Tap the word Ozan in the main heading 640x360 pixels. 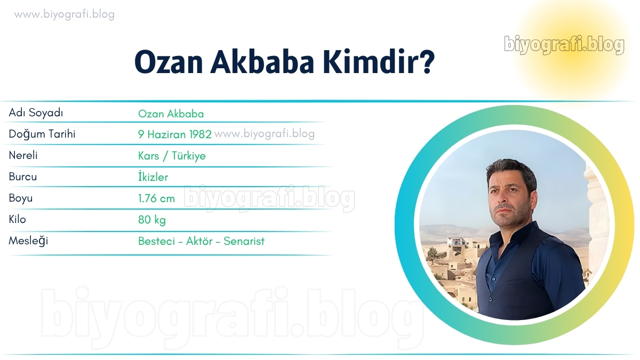pos(169,62)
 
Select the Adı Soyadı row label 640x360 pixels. pos(36,113)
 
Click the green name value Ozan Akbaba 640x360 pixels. pos(171,114)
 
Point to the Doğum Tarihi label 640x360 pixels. pos(42,134)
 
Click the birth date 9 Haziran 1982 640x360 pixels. pos(175,134)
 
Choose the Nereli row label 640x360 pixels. pos(23,155)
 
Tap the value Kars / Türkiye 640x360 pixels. pos(172,156)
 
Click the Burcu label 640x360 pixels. pos(23,177)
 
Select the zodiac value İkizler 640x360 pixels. pos(153,177)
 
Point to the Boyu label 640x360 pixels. pos(21,198)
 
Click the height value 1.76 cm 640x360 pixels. pos(157,198)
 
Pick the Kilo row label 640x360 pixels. pos(18,219)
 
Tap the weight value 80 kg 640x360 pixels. pos(152,220)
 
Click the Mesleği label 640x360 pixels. pos(28,241)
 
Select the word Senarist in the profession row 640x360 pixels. pos(244,241)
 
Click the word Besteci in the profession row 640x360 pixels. pos(157,241)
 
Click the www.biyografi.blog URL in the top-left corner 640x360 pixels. pos(65,14)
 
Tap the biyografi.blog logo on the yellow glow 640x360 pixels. pos(564,45)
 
